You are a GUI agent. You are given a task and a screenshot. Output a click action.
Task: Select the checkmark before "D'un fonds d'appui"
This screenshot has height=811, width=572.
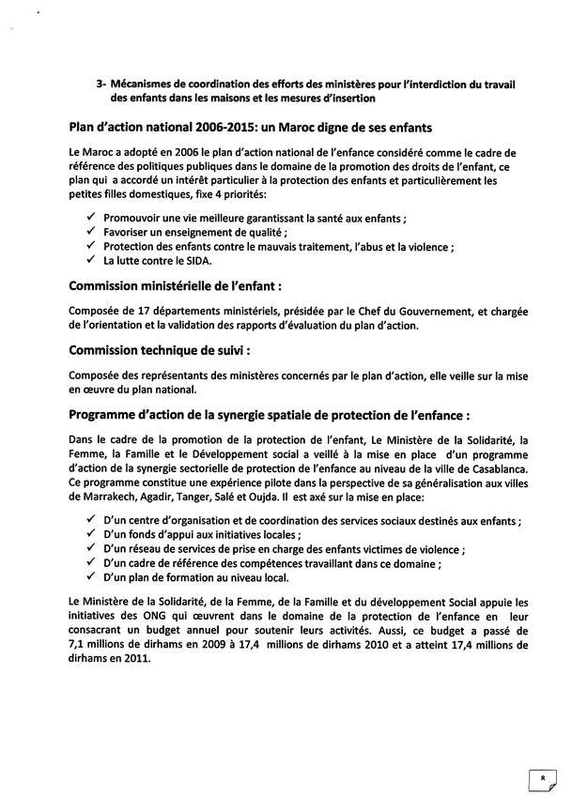89,534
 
